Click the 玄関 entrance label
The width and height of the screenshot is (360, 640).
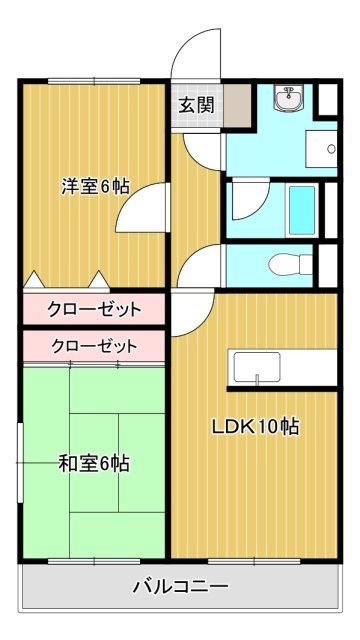click(x=196, y=103)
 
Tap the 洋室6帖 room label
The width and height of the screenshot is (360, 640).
click(x=95, y=186)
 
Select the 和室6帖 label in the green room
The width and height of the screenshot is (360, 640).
click(x=93, y=463)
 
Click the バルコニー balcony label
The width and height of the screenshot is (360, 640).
click(x=181, y=586)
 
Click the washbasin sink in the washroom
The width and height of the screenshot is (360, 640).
click(x=291, y=99)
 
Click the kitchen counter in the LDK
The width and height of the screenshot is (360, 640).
click(x=279, y=368)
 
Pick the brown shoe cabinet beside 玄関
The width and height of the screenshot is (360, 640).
click(x=236, y=104)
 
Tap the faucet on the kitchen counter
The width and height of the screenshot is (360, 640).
click(x=258, y=379)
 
